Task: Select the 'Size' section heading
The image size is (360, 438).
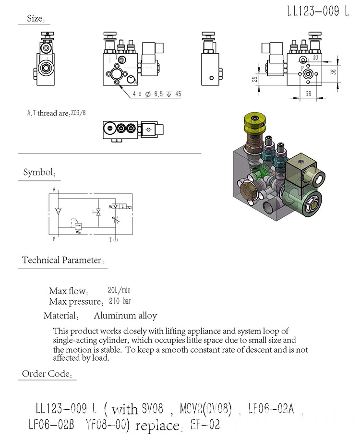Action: (35, 19)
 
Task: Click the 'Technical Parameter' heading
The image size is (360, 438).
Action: (62, 260)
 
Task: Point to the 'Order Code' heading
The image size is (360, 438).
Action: (47, 374)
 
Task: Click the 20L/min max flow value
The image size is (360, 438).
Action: (119, 290)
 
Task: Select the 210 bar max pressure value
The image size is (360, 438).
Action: (120, 301)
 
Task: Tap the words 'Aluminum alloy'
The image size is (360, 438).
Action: (125, 316)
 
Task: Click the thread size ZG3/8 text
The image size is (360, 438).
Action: (80, 113)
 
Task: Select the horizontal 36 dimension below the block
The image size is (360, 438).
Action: (308, 94)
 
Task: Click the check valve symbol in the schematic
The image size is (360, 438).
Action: (58, 211)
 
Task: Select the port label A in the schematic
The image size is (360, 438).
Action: (54, 189)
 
